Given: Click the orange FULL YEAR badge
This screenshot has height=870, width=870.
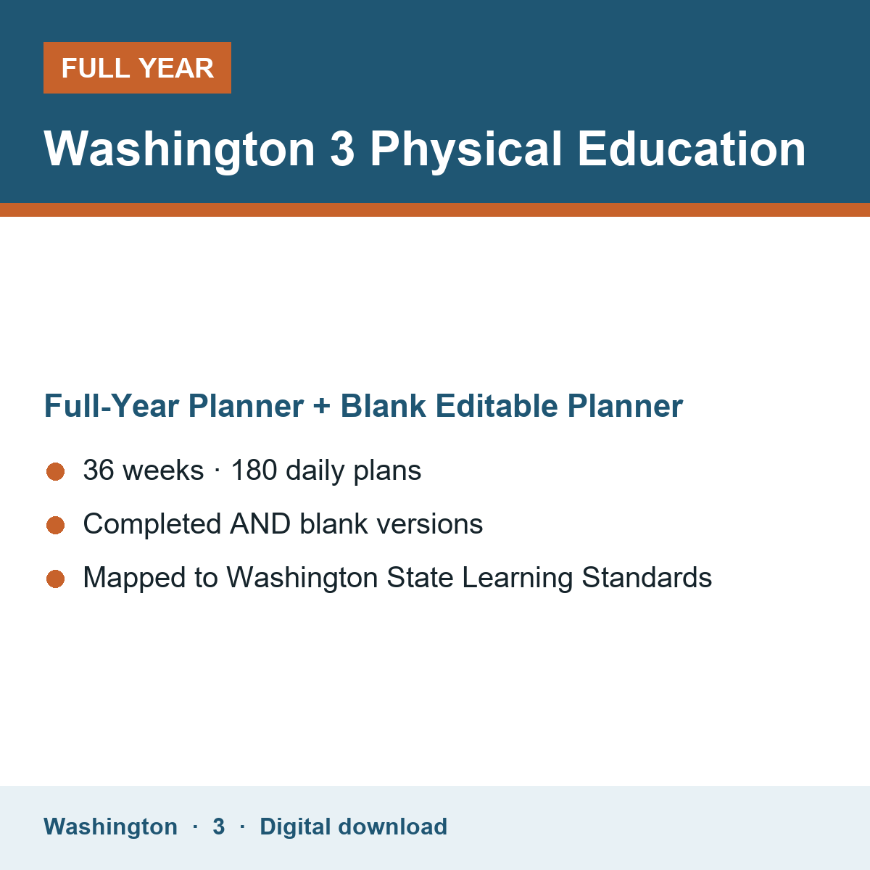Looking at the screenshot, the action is [x=137, y=67].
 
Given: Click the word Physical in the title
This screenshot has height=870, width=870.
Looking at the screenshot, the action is [x=466, y=150].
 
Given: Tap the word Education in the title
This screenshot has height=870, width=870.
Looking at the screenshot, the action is [x=692, y=149].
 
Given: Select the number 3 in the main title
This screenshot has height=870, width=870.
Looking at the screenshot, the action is [x=342, y=149].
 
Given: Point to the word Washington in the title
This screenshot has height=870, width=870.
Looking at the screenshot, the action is [x=179, y=150].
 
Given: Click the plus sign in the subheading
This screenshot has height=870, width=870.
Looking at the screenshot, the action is [x=322, y=406].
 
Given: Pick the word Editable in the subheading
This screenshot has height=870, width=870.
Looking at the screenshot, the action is [x=496, y=405].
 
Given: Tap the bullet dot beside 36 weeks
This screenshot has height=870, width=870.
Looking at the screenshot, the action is [x=56, y=472].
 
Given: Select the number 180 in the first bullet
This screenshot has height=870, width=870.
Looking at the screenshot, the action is [x=254, y=470].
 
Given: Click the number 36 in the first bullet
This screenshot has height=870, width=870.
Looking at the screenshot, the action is [x=99, y=470].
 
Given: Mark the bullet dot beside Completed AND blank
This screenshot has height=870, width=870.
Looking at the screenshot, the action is [x=56, y=525].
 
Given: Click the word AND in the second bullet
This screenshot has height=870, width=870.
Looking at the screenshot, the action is [x=260, y=523].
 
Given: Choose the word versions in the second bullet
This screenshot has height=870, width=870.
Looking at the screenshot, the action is [x=430, y=524].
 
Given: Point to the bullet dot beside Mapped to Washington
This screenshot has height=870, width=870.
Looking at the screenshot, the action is [x=56, y=579].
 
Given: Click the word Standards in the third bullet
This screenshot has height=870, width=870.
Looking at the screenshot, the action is [x=647, y=577].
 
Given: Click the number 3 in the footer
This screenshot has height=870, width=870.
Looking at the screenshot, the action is [x=219, y=826].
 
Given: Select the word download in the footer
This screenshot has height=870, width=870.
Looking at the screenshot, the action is [x=392, y=826].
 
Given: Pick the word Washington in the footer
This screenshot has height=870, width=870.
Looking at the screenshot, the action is [x=111, y=827].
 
